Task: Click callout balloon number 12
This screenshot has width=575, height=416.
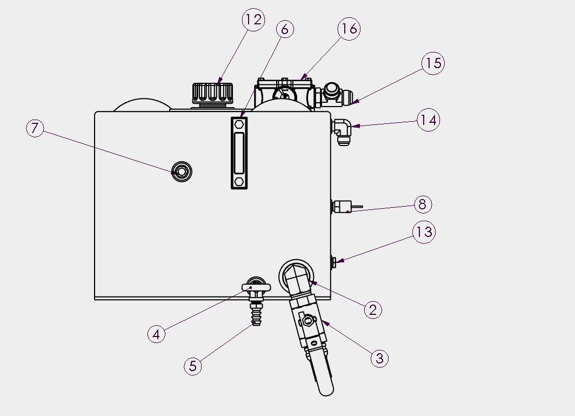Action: pyautogui.click(x=253, y=19)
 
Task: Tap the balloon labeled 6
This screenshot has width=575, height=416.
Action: pyautogui.click(x=285, y=29)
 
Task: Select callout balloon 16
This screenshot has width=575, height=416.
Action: pyautogui.click(x=349, y=28)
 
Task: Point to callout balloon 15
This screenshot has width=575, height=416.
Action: pyautogui.click(x=433, y=63)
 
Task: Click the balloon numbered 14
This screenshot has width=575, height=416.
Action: pyautogui.click(x=429, y=120)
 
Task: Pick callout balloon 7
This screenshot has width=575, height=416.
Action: pyautogui.click(x=35, y=128)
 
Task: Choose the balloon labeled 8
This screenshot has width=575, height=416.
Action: pyautogui.click(x=423, y=204)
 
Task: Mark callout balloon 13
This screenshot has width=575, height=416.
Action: pyautogui.click(x=424, y=232)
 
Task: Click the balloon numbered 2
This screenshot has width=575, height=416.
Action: pyautogui.click(x=373, y=310)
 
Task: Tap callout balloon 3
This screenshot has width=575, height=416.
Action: pyautogui.click(x=379, y=358)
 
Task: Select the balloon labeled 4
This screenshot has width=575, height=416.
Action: pyautogui.click(x=157, y=334)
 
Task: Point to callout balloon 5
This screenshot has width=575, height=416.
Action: pyautogui.click(x=193, y=366)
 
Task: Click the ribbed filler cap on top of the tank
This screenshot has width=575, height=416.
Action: pyautogui.click(x=213, y=94)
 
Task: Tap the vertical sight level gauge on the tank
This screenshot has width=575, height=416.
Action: pyautogui.click(x=239, y=153)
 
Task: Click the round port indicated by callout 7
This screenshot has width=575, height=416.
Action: pyautogui.click(x=182, y=171)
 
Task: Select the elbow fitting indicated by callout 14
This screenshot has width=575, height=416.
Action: pyautogui.click(x=341, y=131)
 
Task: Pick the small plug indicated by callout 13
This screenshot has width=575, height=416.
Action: pyautogui.click(x=334, y=261)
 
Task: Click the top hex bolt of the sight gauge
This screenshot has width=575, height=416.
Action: pyautogui.click(x=239, y=124)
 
